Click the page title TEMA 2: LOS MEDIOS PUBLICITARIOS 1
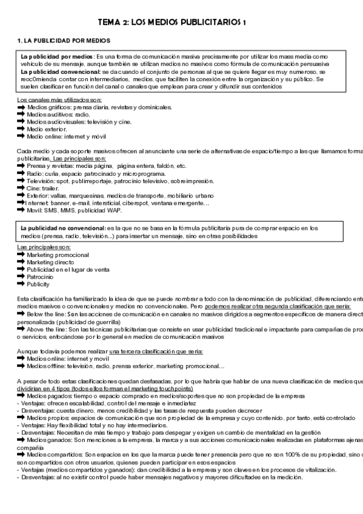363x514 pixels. (x=176, y=22)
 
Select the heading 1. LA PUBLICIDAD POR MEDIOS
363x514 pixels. (x=64, y=40)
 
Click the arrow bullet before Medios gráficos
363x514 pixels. (x=21, y=107)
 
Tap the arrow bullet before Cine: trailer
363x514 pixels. (x=21, y=188)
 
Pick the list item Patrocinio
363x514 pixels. (x=41, y=276)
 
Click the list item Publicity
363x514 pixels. (x=38, y=284)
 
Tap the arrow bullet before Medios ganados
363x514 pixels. (x=21, y=439)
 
